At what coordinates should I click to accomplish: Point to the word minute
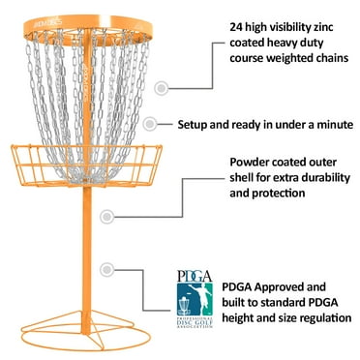329,124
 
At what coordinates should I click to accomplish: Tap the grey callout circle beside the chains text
160,87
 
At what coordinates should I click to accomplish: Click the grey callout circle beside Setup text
149,124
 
